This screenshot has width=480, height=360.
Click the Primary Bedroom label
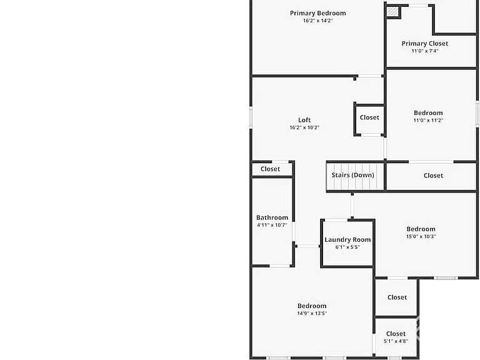pyautogui.click(x=317, y=13)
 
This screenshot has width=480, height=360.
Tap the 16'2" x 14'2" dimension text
pyautogui.click(x=317, y=21)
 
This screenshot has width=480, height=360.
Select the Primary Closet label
pyautogui.click(x=425, y=44)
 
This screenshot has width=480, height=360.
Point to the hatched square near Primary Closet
pyautogui.click(x=392, y=12)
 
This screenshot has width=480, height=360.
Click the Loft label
pyautogui.click(x=304, y=120)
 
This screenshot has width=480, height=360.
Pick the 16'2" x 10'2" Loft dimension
pyautogui.click(x=304, y=127)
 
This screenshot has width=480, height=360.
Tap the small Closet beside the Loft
pyautogui.click(x=369, y=117)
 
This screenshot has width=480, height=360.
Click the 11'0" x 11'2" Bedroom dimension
pyautogui.click(x=428, y=120)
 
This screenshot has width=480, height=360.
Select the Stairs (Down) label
pyautogui.click(x=353, y=175)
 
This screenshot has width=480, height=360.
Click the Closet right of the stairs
pyautogui.click(x=433, y=176)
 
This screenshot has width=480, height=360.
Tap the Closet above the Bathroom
pyautogui.click(x=270, y=169)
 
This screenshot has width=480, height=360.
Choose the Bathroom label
pyautogui.click(x=272, y=217)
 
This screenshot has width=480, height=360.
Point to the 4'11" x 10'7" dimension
pyautogui.click(x=272, y=225)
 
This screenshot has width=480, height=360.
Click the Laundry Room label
pyautogui.click(x=347, y=240)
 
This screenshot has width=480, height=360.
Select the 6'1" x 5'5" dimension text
pyautogui.click(x=347, y=247)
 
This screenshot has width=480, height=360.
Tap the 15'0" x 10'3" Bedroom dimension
pyautogui.click(x=421, y=236)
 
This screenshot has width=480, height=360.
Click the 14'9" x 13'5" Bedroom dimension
pyautogui.click(x=312, y=313)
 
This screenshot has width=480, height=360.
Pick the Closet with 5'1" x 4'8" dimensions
pyautogui.click(x=396, y=334)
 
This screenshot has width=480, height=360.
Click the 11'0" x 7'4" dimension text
pyautogui.click(x=425, y=51)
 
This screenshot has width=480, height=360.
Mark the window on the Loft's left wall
pyautogui.click(x=251, y=117)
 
